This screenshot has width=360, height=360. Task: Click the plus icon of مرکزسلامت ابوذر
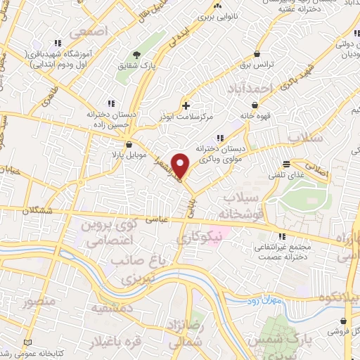(185, 105)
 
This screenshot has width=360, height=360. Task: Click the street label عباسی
(158, 219)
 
